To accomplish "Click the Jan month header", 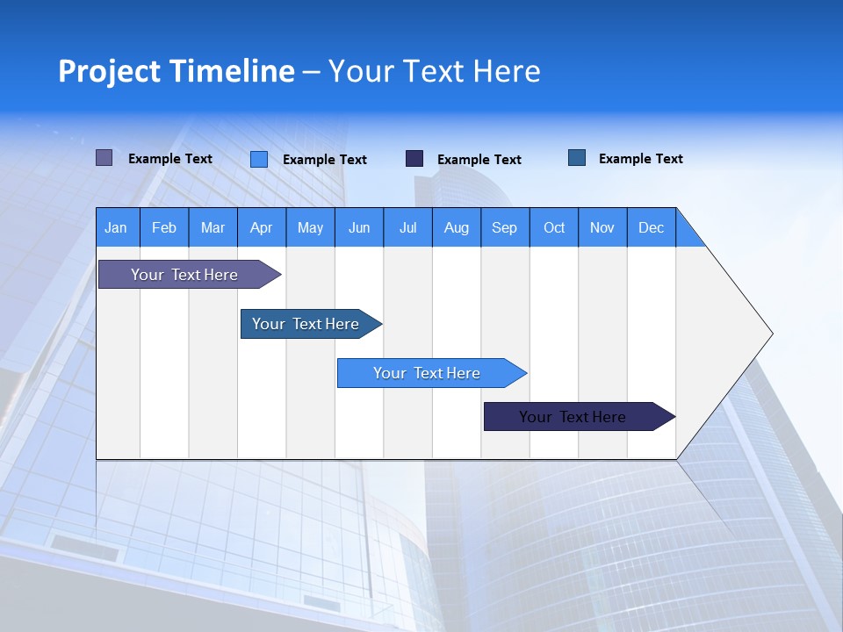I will click(x=117, y=227).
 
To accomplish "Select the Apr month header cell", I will click(x=262, y=227).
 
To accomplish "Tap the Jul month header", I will click(x=407, y=227).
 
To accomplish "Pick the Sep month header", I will click(x=504, y=227).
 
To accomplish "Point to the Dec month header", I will click(x=651, y=227).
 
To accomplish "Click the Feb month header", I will click(x=164, y=227).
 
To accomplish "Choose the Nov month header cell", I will click(x=602, y=227).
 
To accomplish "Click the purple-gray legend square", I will click(x=104, y=158).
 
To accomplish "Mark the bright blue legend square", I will click(x=259, y=159).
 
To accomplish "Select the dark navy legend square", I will click(x=414, y=158).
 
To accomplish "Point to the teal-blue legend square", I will click(x=577, y=158).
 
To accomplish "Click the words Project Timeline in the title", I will click(x=177, y=71).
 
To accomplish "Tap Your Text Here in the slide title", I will click(x=434, y=71).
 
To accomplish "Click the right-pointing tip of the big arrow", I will click(x=769, y=334).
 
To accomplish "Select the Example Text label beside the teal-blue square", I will click(x=640, y=159).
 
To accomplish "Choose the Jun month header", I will click(x=359, y=227).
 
